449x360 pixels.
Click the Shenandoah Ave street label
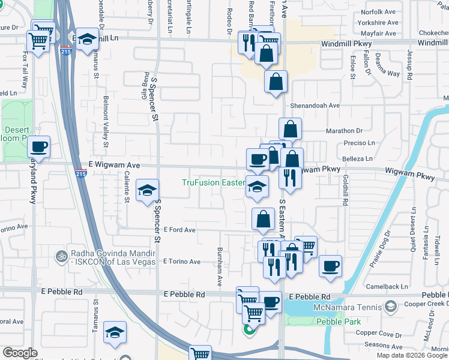point(316,105)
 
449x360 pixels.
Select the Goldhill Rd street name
point(346,190)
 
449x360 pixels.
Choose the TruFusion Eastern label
point(214,182)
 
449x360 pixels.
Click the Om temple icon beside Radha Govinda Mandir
point(60,256)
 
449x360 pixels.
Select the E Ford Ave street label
point(179,230)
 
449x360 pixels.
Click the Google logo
point(20,353)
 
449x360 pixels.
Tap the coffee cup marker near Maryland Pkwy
point(38,146)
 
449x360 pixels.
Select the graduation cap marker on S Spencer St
point(146,191)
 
